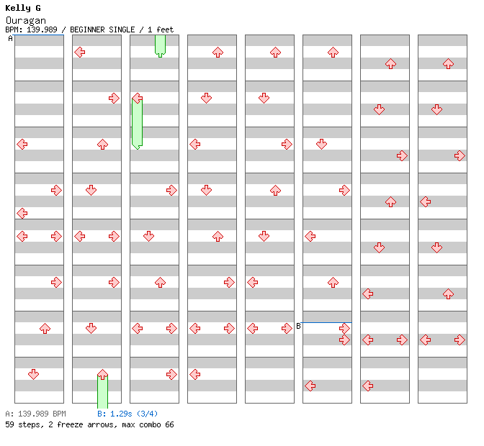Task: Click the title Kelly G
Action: [23, 8]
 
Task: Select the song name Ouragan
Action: [25, 20]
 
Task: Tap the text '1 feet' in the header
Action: [161, 29]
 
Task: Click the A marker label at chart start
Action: [10, 39]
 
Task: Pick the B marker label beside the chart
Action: [298, 326]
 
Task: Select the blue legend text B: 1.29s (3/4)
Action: [127, 414]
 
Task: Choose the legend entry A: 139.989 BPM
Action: [35, 414]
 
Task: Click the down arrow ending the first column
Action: [33, 374]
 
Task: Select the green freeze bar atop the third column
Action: [160, 45]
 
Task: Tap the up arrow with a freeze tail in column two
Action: [102, 375]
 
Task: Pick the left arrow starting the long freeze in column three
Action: [137, 98]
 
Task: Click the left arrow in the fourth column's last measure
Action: [194, 374]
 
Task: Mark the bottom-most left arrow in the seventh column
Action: [367, 386]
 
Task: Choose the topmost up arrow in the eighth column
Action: [448, 63]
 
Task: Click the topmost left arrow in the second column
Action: [79, 52]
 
